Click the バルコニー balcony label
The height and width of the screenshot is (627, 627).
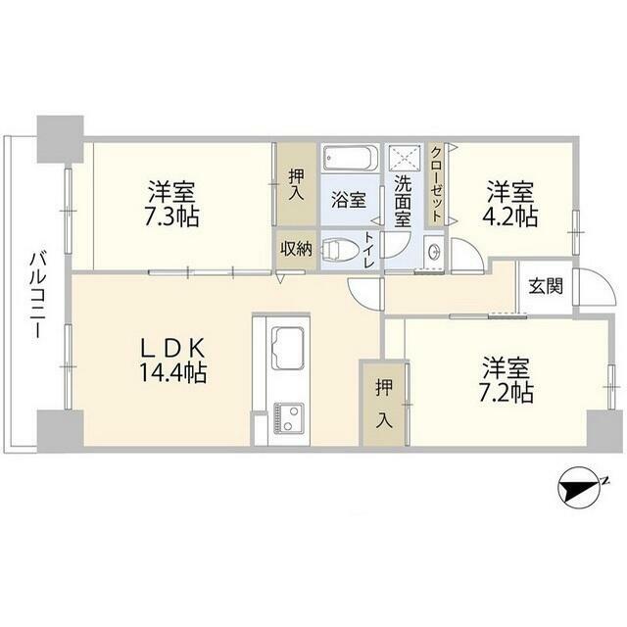(37, 295)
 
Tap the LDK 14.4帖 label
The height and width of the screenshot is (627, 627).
(172, 361)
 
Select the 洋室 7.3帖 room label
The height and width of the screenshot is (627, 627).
(172, 204)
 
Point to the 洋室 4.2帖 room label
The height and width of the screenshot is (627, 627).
(511, 204)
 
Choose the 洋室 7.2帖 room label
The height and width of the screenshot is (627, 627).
(506, 379)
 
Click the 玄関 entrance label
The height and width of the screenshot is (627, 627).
(546, 286)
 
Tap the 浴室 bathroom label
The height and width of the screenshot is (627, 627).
(349, 199)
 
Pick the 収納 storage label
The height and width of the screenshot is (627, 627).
(296, 249)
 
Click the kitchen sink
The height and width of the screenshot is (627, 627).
(287, 348)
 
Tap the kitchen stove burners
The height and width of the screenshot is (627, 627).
(288, 417)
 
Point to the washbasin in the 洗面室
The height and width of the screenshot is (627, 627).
(433, 252)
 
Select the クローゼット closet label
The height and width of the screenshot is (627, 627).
(436, 184)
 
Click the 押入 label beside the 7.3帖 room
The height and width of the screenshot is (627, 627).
(297, 185)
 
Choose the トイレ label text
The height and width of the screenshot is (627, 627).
(369, 250)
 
